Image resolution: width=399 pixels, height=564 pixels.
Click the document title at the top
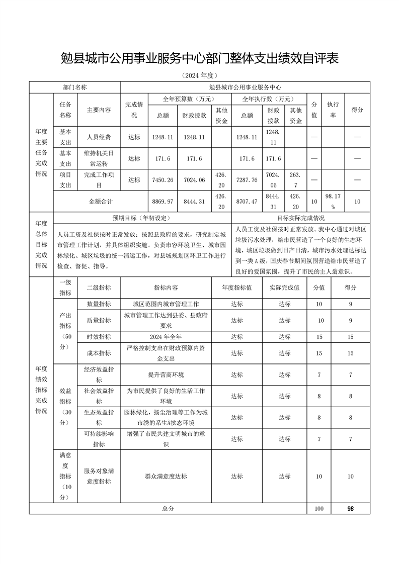coord(199,58)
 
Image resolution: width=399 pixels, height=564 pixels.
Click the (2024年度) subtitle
coord(199,76)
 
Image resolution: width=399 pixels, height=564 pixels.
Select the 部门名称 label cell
coord(75,87)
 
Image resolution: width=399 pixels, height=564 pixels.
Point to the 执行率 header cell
coord(333,110)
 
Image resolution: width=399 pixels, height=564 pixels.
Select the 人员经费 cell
coord(99,137)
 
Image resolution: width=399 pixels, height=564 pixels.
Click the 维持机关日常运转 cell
coord(99,158)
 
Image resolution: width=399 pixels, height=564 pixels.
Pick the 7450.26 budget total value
coord(163,180)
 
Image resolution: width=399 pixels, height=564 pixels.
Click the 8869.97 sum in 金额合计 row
coord(163,201)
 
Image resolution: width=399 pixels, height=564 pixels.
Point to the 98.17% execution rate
coord(333,201)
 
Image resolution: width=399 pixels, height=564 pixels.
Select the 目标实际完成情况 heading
coord(301,218)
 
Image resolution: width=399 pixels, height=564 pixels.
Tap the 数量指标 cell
coord(99,304)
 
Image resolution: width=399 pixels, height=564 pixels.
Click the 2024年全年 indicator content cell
coord(166,337)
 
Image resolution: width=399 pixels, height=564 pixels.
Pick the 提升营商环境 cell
coord(166,375)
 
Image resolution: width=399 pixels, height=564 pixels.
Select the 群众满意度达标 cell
coord(166,477)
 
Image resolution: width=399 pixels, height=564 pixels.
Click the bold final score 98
coord(350,509)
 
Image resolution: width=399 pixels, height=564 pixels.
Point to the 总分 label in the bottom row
coord(168,509)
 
